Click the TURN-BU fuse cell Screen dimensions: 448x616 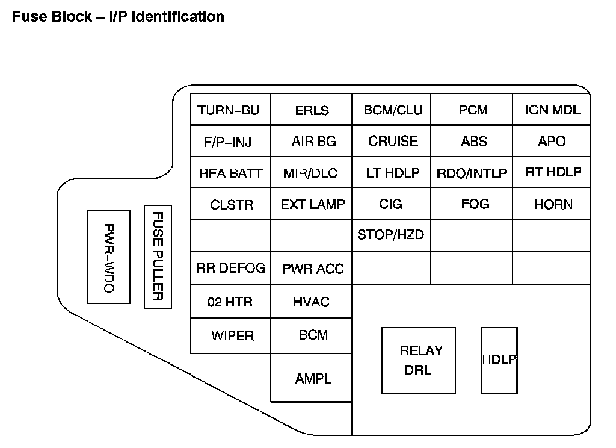[x=230, y=110]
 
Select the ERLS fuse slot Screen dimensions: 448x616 [x=312, y=110]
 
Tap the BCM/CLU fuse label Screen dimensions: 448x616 [x=392, y=110]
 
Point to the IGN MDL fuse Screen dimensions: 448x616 [x=552, y=110]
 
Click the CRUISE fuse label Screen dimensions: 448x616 [x=392, y=142]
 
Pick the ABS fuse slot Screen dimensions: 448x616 [x=473, y=142]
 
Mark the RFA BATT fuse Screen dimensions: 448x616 [x=230, y=174]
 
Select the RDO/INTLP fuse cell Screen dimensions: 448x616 [x=472, y=174]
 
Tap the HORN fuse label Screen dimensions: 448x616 [x=552, y=205]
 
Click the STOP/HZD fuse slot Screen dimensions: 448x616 [x=391, y=235]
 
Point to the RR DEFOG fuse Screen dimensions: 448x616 [x=230, y=269]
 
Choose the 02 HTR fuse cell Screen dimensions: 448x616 [x=230, y=302]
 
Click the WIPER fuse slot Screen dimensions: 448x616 [x=232, y=335]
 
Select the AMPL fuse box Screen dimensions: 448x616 [x=312, y=378]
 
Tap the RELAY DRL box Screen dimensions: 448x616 [x=419, y=360]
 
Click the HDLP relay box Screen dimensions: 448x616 [x=499, y=360]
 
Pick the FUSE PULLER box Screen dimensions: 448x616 [x=158, y=257]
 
